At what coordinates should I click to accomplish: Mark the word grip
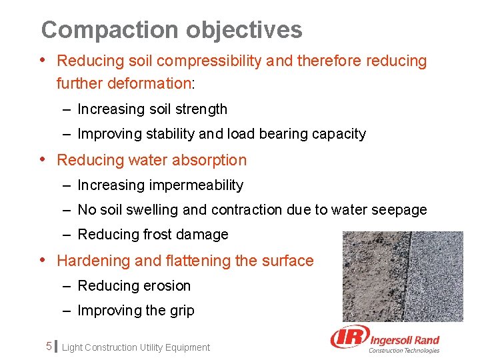pos(181,311)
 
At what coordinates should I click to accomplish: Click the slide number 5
pos(48,347)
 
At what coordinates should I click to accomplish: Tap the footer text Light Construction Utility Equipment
pos(135,347)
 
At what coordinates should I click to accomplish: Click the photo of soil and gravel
pos(402,276)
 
